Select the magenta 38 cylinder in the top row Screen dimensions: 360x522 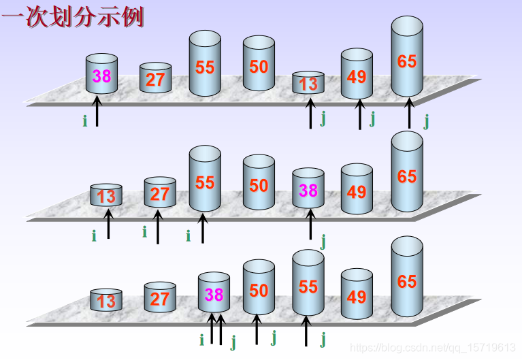(x=101, y=75)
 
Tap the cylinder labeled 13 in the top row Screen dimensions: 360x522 (x=308, y=83)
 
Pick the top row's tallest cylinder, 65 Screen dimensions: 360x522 (x=407, y=60)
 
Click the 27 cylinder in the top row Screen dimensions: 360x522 (x=155, y=78)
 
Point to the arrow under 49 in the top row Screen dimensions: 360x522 (x=360, y=114)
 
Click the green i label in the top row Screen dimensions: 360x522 (x=85, y=121)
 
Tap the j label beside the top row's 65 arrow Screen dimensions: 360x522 (x=426, y=121)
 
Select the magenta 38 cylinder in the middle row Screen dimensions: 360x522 (x=308, y=191)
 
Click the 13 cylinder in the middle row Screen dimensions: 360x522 (x=106, y=196)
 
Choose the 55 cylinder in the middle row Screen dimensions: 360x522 (x=205, y=180)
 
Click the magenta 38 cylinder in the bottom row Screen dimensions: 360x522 (x=214, y=293)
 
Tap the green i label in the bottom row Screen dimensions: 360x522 (x=201, y=340)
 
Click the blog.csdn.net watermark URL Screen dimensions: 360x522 (x=433, y=348)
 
